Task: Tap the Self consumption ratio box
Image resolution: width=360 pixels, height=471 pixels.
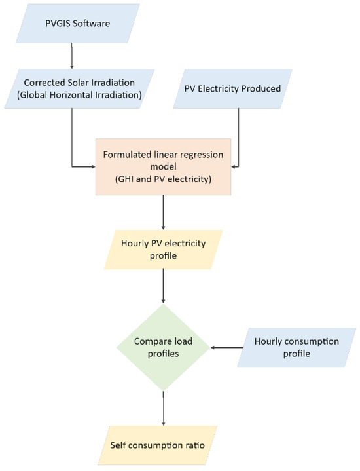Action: click(x=163, y=445)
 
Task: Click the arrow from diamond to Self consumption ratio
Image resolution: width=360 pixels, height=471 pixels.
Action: click(x=163, y=409)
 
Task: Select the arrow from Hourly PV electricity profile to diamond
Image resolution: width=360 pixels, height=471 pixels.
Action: click(x=163, y=288)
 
